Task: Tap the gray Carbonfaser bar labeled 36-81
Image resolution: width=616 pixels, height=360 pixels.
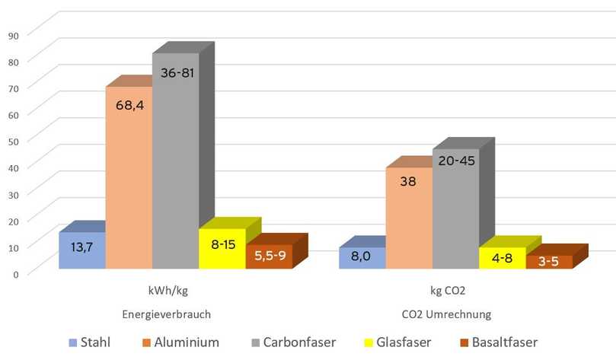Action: click(175, 161)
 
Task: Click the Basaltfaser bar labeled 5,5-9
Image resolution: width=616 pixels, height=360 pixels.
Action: click(269, 256)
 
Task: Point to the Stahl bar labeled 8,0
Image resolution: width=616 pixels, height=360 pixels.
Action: click(362, 257)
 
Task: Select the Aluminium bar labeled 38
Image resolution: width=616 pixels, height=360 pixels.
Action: click(409, 218)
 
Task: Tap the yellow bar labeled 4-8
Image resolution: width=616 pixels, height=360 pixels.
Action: click(502, 258)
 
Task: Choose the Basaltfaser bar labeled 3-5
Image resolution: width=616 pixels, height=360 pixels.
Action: click(549, 262)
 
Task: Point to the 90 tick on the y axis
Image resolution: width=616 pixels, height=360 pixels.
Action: click(13, 34)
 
